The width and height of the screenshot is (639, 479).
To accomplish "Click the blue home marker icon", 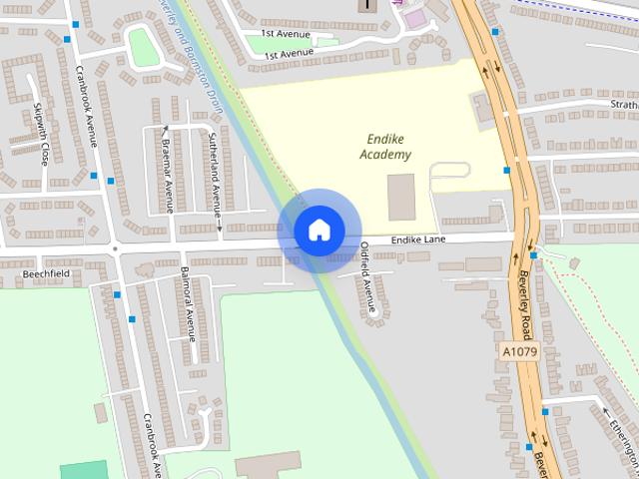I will (319, 231).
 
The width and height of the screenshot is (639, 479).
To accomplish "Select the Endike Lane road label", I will (416, 240).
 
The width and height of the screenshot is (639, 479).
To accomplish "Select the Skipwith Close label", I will (43, 134).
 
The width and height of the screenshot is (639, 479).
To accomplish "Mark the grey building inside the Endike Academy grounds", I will (401, 197).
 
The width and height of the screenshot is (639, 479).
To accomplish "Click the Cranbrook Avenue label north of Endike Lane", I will (86, 106).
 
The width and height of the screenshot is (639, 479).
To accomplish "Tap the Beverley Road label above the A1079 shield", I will (524, 299).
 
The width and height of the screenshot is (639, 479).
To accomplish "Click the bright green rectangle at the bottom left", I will (83, 470).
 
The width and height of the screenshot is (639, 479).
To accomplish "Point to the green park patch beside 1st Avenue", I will (144, 47).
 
